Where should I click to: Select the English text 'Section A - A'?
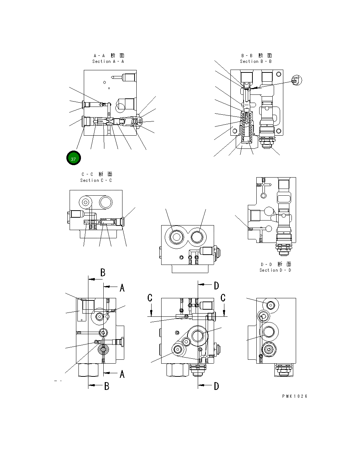108,61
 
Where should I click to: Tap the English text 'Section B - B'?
256,61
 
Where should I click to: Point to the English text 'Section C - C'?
96,180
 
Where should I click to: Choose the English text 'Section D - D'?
275,270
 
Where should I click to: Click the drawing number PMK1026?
295,396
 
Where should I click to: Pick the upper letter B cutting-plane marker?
103,273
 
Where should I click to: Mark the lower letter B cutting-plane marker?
107,386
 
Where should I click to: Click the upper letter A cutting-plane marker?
122,288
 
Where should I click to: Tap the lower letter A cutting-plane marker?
122,374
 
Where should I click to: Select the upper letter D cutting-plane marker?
216,286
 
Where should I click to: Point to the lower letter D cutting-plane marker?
216,386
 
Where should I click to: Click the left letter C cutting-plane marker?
150,298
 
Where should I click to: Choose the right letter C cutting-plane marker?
223,298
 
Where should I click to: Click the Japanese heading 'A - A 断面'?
109,55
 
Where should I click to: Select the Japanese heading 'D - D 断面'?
276,264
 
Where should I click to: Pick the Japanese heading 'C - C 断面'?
97,174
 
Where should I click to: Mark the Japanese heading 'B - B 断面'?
256,55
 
